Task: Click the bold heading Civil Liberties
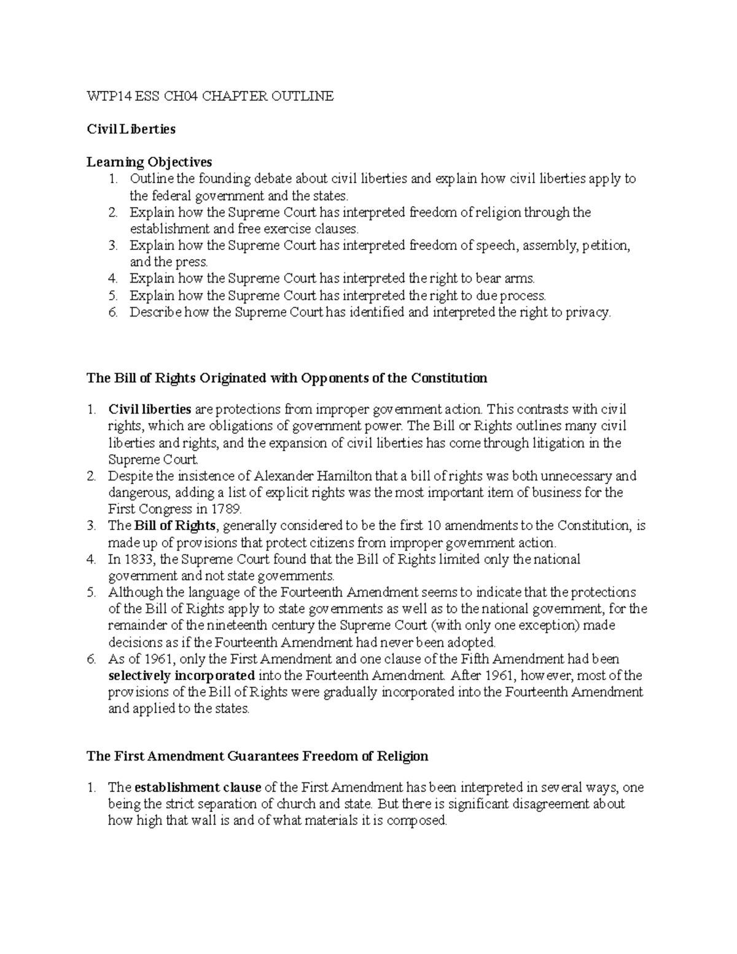click(131, 129)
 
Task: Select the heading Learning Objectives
click(149, 162)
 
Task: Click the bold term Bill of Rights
click(175, 526)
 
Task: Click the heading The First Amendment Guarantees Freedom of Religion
click(257, 756)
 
